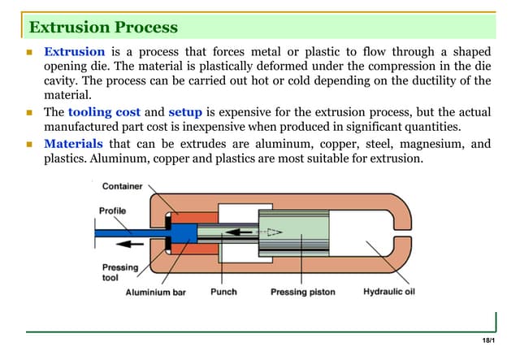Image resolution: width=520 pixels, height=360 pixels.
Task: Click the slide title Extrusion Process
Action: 103,28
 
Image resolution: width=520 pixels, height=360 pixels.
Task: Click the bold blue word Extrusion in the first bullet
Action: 74,51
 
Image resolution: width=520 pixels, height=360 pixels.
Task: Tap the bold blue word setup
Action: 184,112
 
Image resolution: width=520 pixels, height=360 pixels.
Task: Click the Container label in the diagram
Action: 122,186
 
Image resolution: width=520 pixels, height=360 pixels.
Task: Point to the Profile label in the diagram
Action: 112,210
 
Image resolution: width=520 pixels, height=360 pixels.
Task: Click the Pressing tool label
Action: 119,273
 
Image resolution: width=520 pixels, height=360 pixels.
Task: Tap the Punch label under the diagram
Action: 223,292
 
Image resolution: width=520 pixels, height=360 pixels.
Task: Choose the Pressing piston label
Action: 301,292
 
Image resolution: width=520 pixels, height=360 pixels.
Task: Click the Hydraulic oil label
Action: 388,292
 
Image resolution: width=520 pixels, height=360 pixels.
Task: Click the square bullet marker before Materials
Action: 28,144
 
